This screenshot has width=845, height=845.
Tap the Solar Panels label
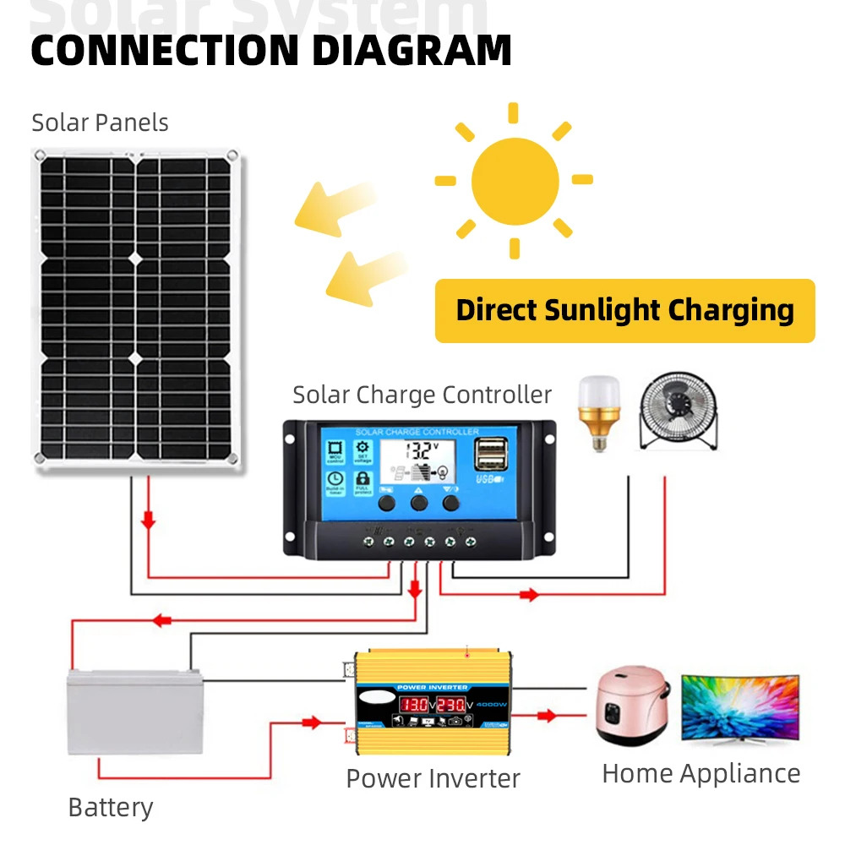[100, 123]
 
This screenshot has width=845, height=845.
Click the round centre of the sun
[515, 180]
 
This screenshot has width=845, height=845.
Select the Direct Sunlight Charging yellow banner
[624, 310]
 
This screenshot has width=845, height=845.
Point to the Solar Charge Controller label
[422, 395]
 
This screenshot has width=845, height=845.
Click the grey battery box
[135, 710]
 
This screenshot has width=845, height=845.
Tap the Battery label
[111, 807]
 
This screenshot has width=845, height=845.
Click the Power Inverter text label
[433, 777]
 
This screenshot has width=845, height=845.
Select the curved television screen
[739, 707]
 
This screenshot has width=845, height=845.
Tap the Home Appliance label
[701, 773]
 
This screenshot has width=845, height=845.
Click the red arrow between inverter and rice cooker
[547, 716]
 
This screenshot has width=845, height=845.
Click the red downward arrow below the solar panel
[149, 521]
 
